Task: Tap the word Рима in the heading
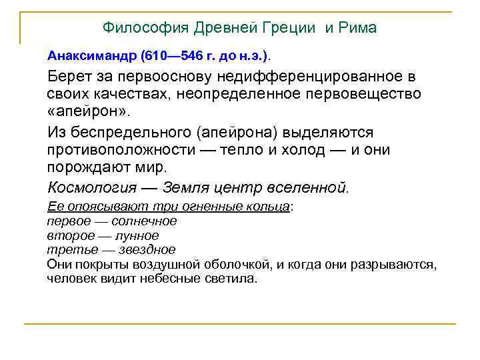point(359,28)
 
